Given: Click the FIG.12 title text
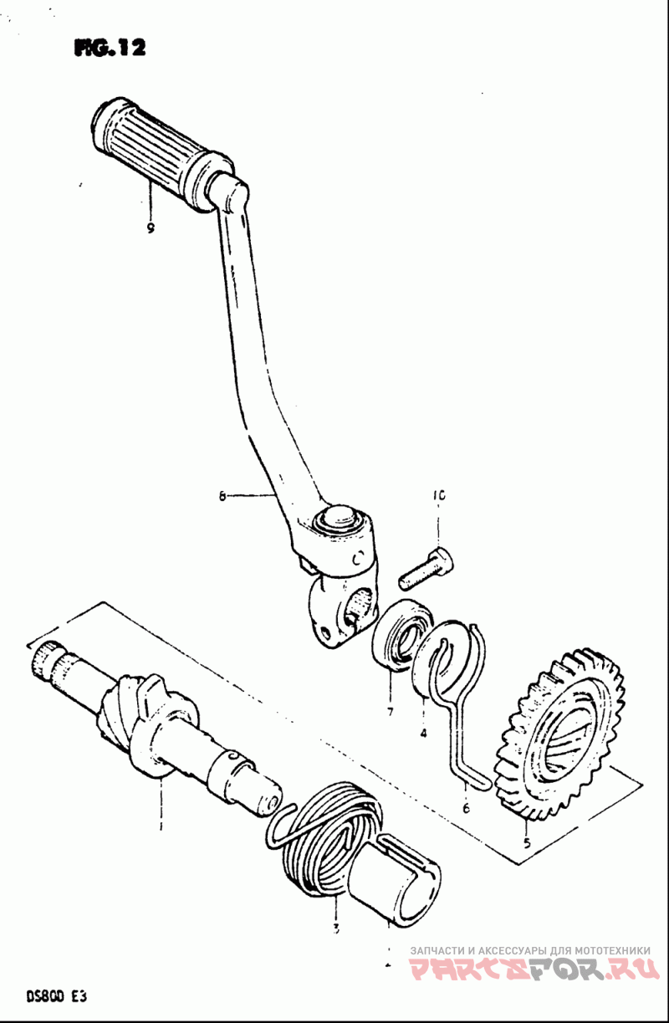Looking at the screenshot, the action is (x=110, y=49).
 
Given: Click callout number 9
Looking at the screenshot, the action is (x=151, y=228).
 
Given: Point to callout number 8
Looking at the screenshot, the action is (x=222, y=496).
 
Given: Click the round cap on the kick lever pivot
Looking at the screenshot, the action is (x=339, y=516).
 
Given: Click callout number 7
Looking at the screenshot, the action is (x=390, y=712).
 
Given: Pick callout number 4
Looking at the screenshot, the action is (x=424, y=734).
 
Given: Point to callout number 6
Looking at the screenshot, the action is (x=466, y=808).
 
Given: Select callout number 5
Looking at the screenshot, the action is (x=526, y=842).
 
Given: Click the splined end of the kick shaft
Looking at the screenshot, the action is (x=47, y=660).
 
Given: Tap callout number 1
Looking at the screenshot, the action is (x=161, y=827).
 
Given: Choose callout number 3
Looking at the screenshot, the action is (x=335, y=928).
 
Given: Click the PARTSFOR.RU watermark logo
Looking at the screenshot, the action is (x=534, y=969).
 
